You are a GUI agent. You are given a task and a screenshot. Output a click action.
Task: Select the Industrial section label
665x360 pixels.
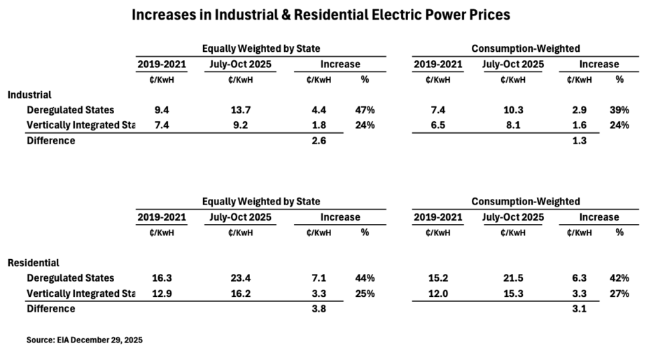pyautogui.click(x=29, y=95)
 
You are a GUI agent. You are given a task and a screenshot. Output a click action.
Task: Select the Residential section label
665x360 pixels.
pyautogui.click(x=33, y=263)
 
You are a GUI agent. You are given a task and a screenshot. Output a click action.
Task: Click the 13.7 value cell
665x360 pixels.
pyautogui.click(x=240, y=110)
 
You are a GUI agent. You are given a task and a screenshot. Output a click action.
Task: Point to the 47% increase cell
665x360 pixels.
pyautogui.click(x=365, y=110)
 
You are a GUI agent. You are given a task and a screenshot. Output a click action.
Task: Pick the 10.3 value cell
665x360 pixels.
pyautogui.click(x=513, y=110)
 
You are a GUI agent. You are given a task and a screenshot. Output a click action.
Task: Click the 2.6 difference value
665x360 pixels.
pyautogui.click(x=316, y=140)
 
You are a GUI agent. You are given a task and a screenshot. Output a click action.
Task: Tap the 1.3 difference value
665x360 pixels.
pyautogui.click(x=579, y=140)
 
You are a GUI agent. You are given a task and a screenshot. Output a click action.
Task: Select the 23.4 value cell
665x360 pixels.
pyautogui.click(x=240, y=278)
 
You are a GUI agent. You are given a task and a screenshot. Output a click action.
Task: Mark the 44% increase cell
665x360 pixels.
pyautogui.click(x=365, y=278)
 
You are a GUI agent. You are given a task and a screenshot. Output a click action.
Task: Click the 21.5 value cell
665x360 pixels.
pyautogui.click(x=513, y=278)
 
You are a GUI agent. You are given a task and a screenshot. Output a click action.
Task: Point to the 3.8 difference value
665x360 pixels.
pyautogui.click(x=316, y=308)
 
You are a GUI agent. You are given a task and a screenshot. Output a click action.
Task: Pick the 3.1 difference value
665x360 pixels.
pyautogui.click(x=579, y=308)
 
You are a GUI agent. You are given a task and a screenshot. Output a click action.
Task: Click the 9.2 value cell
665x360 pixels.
pyautogui.click(x=240, y=125)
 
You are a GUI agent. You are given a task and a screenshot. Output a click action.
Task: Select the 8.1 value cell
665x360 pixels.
pyautogui.click(x=513, y=125)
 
